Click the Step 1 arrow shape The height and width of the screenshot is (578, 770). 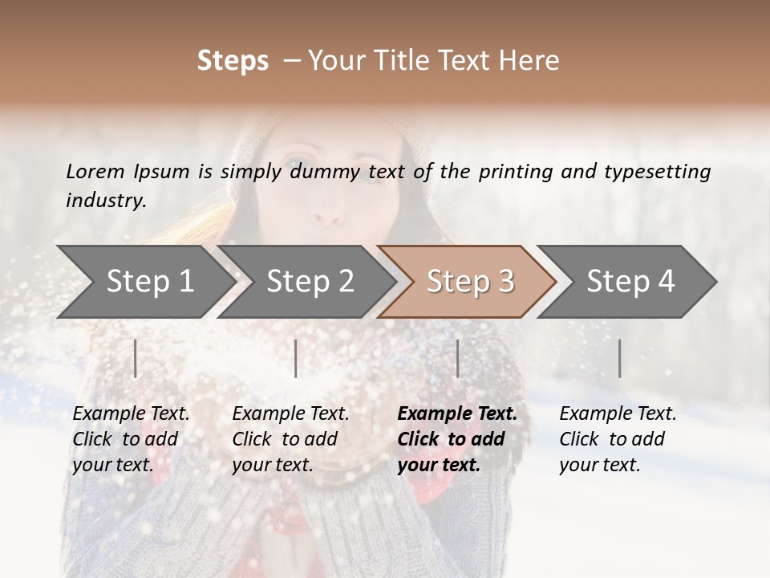click(x=144, y=282)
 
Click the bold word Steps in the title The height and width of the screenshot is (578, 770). click(x=233, y=61)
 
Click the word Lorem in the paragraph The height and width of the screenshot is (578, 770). click(x=95, y=171)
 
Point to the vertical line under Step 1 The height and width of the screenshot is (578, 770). click(x=136, y=358)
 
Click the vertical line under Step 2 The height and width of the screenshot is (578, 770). click(x=296, y=358)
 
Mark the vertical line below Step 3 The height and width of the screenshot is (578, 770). click(x=458, y=358)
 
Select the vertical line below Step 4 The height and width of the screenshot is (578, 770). click(x=620, y=358)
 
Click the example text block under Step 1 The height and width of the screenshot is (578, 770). click(x=131, y=439)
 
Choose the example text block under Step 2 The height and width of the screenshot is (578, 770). click(x=290, y=439)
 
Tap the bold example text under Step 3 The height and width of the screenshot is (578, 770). click(x=457, y=439)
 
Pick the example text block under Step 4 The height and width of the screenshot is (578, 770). click(x=618, y=439)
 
